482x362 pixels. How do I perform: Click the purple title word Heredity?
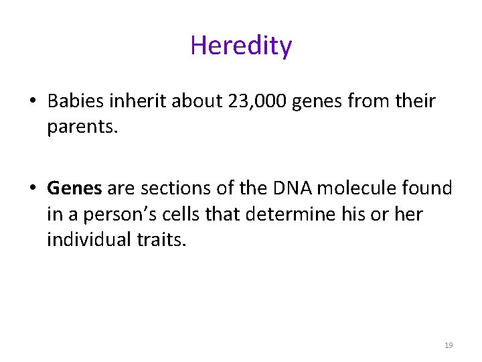[241, 46]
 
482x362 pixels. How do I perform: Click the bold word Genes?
[74, 189]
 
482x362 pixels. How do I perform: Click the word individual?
[91, 239]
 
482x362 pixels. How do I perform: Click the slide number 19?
[449, 345]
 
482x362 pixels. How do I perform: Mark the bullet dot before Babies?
[32, 103]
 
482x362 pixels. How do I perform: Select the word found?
[430, 189]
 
